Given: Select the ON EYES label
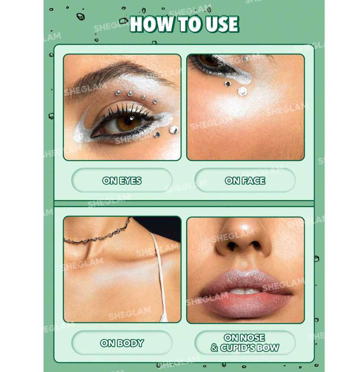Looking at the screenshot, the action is point(122,181).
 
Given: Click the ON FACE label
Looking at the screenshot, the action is point(245,181).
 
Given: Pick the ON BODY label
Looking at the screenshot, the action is point(122,343).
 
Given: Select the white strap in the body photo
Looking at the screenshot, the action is point(159,275).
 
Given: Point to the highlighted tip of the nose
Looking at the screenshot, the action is point(245,229).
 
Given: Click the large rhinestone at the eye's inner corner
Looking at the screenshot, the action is point(174,129).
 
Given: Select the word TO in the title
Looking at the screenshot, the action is point(189,24).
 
